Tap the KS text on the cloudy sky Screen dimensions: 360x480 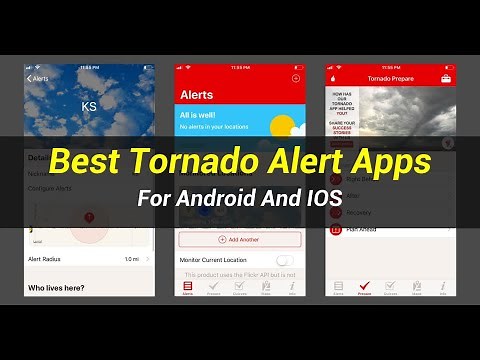[x=88, y=104]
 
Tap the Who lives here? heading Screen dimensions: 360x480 [x=57, y=288]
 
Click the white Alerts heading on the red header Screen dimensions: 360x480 [x=196, y=95]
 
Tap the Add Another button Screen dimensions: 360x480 [x=239, y=240]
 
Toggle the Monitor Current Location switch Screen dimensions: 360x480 [x=285, y=260]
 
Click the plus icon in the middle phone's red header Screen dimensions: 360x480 [x=295, y=77]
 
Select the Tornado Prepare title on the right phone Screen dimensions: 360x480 [x=389, y=78]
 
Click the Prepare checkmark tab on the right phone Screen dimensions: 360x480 [x=364, y=287]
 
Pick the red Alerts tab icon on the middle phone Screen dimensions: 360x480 [x=188, y=287]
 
